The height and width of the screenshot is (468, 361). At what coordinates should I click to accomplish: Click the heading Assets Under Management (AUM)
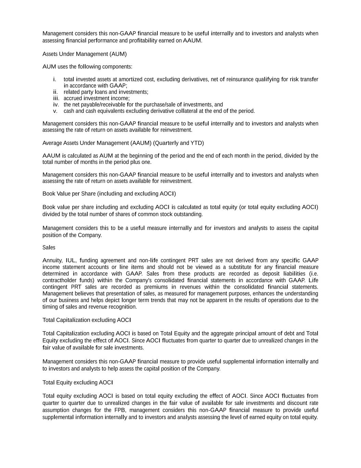pyautogui.click(x=85, y=54)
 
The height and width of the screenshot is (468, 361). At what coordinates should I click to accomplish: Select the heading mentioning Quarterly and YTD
pyautogui.click(x=123, y=143)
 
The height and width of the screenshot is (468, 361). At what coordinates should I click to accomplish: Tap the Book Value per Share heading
pyautogui.click(x=109, y=194)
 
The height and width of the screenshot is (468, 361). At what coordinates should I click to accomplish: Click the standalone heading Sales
pyautogui.click(x=49, y=248)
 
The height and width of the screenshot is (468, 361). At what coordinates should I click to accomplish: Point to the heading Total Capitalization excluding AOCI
pyautogui.click(x=87, y=320)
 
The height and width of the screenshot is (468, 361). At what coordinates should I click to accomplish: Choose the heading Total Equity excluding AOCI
pyautogui.click(x=78, y=382)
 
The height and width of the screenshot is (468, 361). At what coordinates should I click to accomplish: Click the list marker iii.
pyautogui.click(x=56, y=98)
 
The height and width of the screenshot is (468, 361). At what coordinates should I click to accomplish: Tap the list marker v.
pyautogui.click(x=55, y=111)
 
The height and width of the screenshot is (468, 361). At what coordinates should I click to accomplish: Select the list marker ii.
pyautogui.click(x=55, y=92)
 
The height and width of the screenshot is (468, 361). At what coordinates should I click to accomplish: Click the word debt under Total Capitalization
pyautogui.click(x=287, y=333)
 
